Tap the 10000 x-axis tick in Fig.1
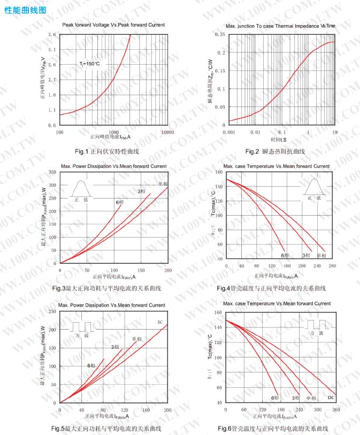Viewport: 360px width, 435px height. tap(168, 132)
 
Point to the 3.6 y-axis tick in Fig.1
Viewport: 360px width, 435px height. tap(52, 34)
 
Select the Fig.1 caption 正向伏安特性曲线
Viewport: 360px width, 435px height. tap(107, 152)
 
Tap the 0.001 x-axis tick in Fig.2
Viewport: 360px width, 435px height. tap(229, 132)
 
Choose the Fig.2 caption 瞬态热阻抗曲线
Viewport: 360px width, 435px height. tap(275, 152)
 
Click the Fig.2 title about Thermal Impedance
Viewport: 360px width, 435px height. tap(280, 26)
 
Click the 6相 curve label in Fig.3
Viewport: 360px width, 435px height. tap(119, 202)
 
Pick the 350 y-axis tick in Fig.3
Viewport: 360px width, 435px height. tap(52, 172)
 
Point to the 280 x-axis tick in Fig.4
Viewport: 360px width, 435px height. tap(332, 266)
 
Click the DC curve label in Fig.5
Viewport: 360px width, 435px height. tap(160, 322)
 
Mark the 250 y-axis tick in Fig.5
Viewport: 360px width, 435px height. tap(52, 311)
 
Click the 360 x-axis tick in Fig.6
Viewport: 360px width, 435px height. tap(336, 409)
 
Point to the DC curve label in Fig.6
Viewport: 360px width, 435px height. tap(331, 398)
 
